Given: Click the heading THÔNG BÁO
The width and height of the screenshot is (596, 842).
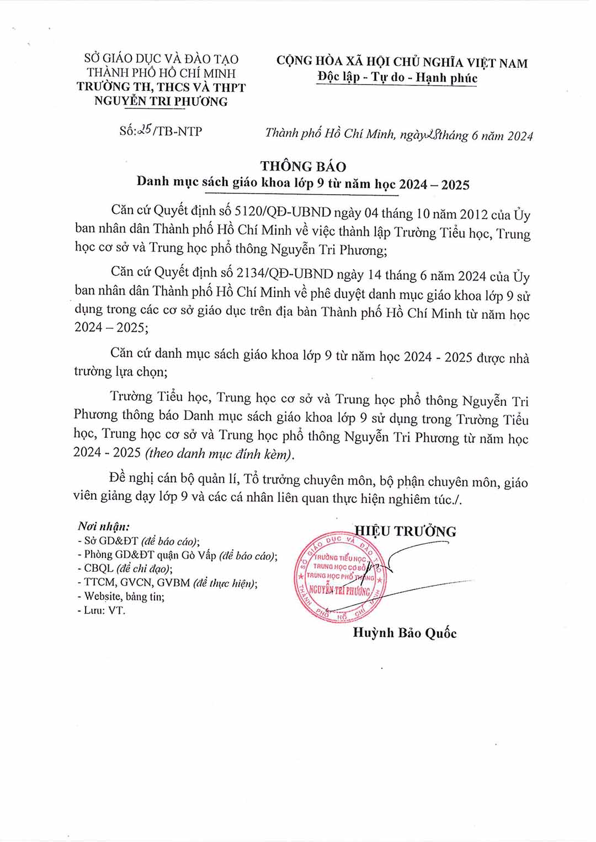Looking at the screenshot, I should click(x=303, y=167).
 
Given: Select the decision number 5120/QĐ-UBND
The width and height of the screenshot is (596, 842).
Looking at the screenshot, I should click(x=283, y=212).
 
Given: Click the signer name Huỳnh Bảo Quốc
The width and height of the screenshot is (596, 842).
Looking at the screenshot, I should click(x=405, y=633).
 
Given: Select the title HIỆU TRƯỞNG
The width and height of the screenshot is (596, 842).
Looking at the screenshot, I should click(x=406, y=532).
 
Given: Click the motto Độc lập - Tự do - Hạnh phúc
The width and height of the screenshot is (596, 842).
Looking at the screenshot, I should click(x=397, y=78).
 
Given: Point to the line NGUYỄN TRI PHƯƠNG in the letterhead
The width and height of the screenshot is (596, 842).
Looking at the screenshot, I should click(x=161, y=101).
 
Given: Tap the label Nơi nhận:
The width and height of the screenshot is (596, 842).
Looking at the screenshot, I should click(x=104, y=527).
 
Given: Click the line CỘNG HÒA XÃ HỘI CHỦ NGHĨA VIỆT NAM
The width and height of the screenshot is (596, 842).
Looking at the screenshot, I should click(x=402, y=62).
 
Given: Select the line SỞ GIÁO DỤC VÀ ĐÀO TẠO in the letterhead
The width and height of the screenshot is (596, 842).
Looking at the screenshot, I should click(x=161, y=59).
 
